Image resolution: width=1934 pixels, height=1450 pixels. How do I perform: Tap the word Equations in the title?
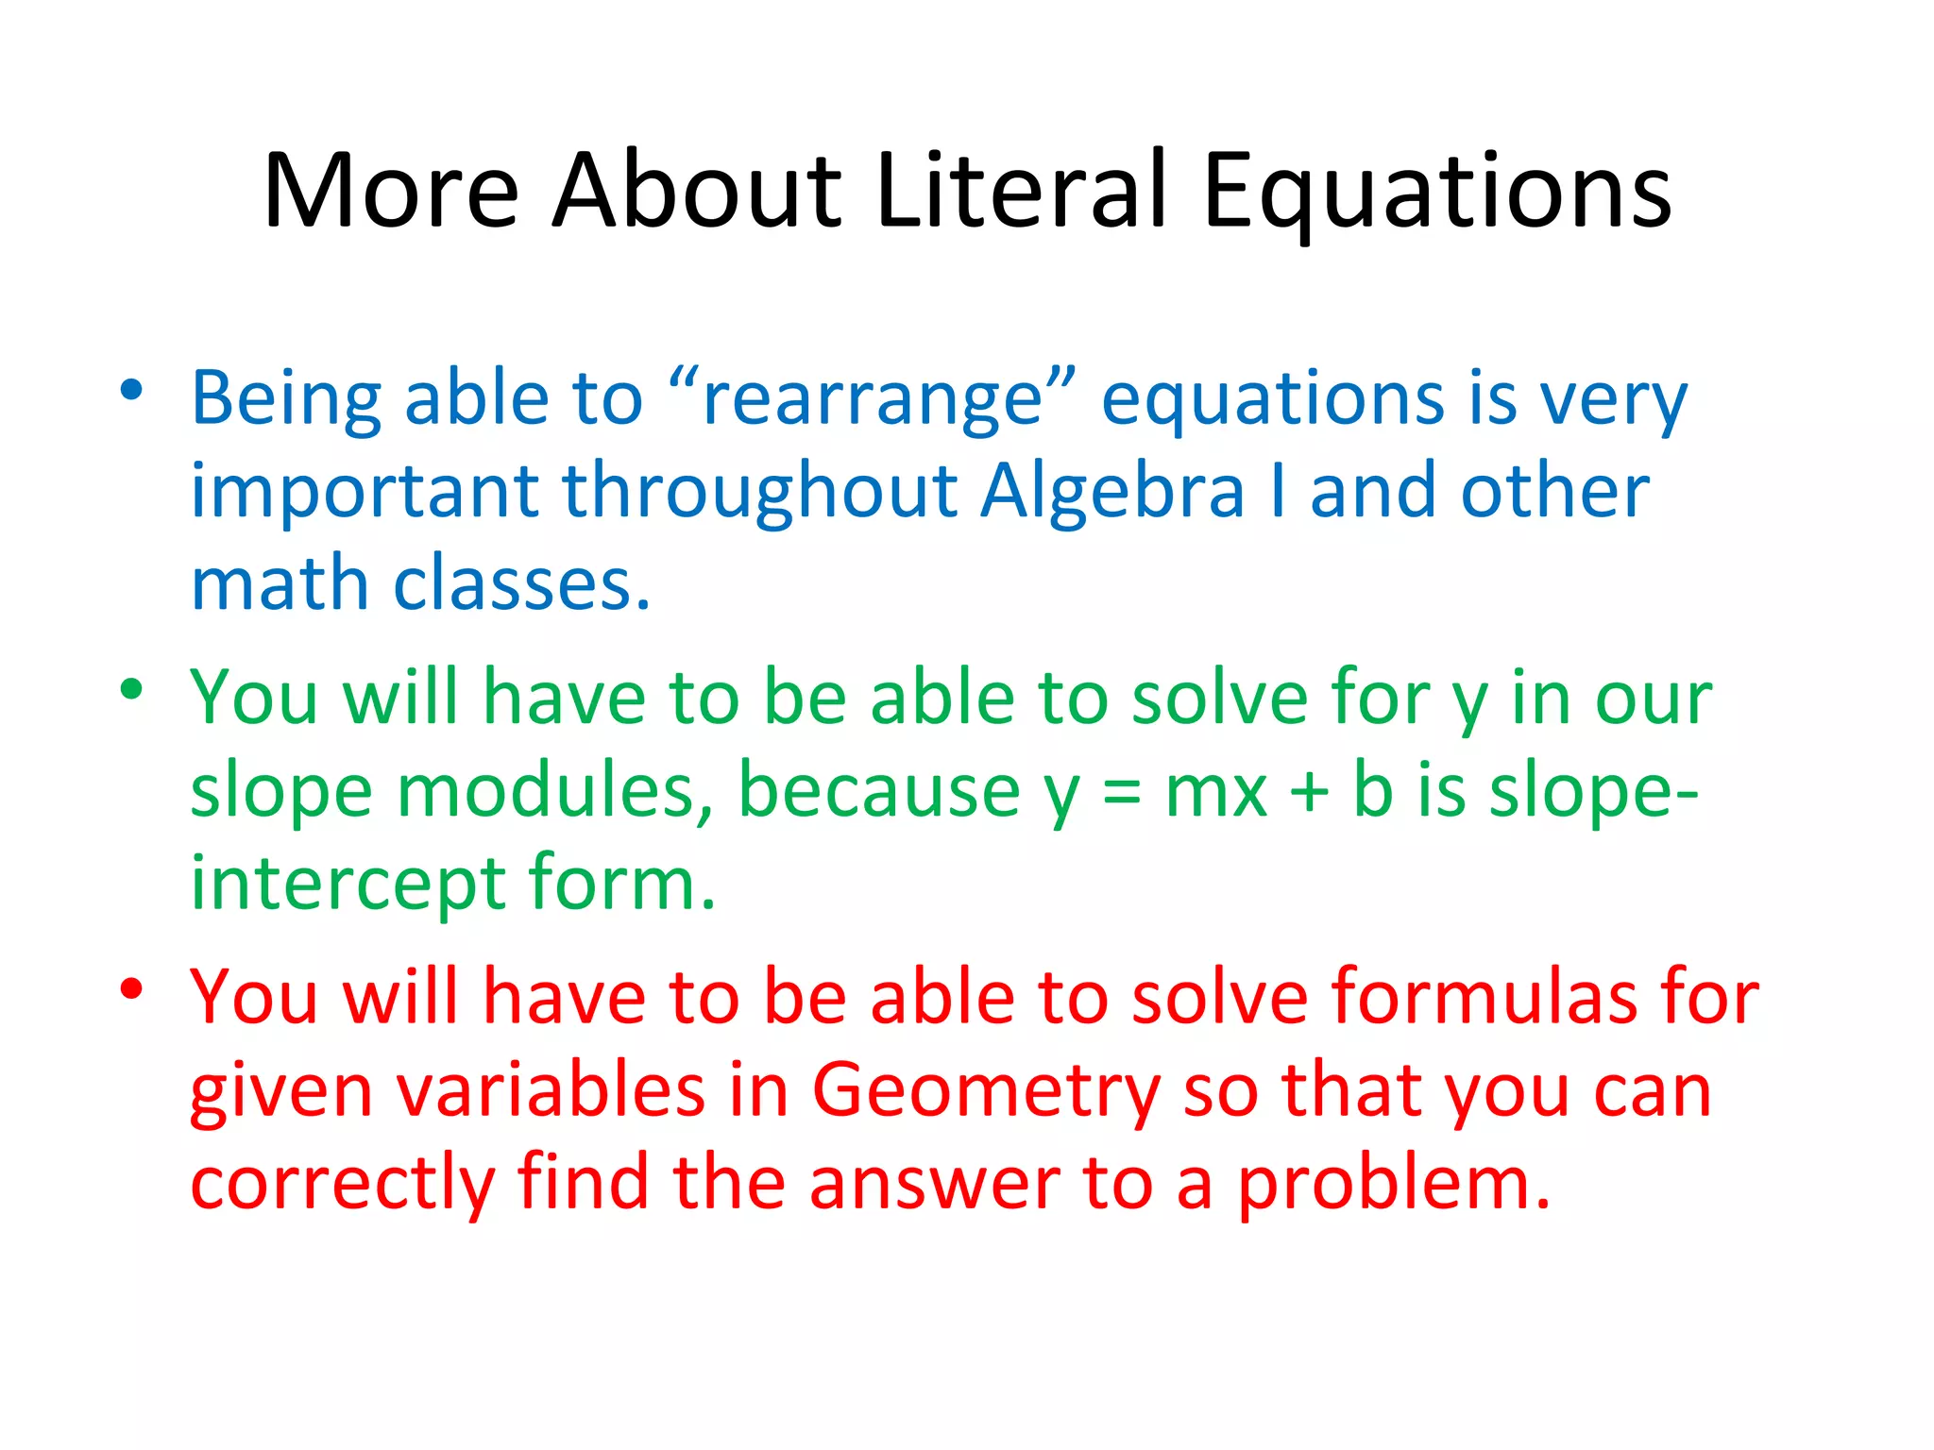click(x=1436, y=194)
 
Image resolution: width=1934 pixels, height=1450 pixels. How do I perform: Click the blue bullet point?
click(x=131, y=390)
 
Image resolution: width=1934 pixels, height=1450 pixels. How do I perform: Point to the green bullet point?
click(x=131, y=689)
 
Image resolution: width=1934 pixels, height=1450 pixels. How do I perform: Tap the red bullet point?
click(x=131, y=988)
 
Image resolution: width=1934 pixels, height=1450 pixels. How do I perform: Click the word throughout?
click(x=760, y=493)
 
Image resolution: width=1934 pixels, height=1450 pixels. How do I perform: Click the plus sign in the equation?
click(x=1309, y=791)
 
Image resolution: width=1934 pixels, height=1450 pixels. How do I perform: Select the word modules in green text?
click(x=553, y=790)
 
